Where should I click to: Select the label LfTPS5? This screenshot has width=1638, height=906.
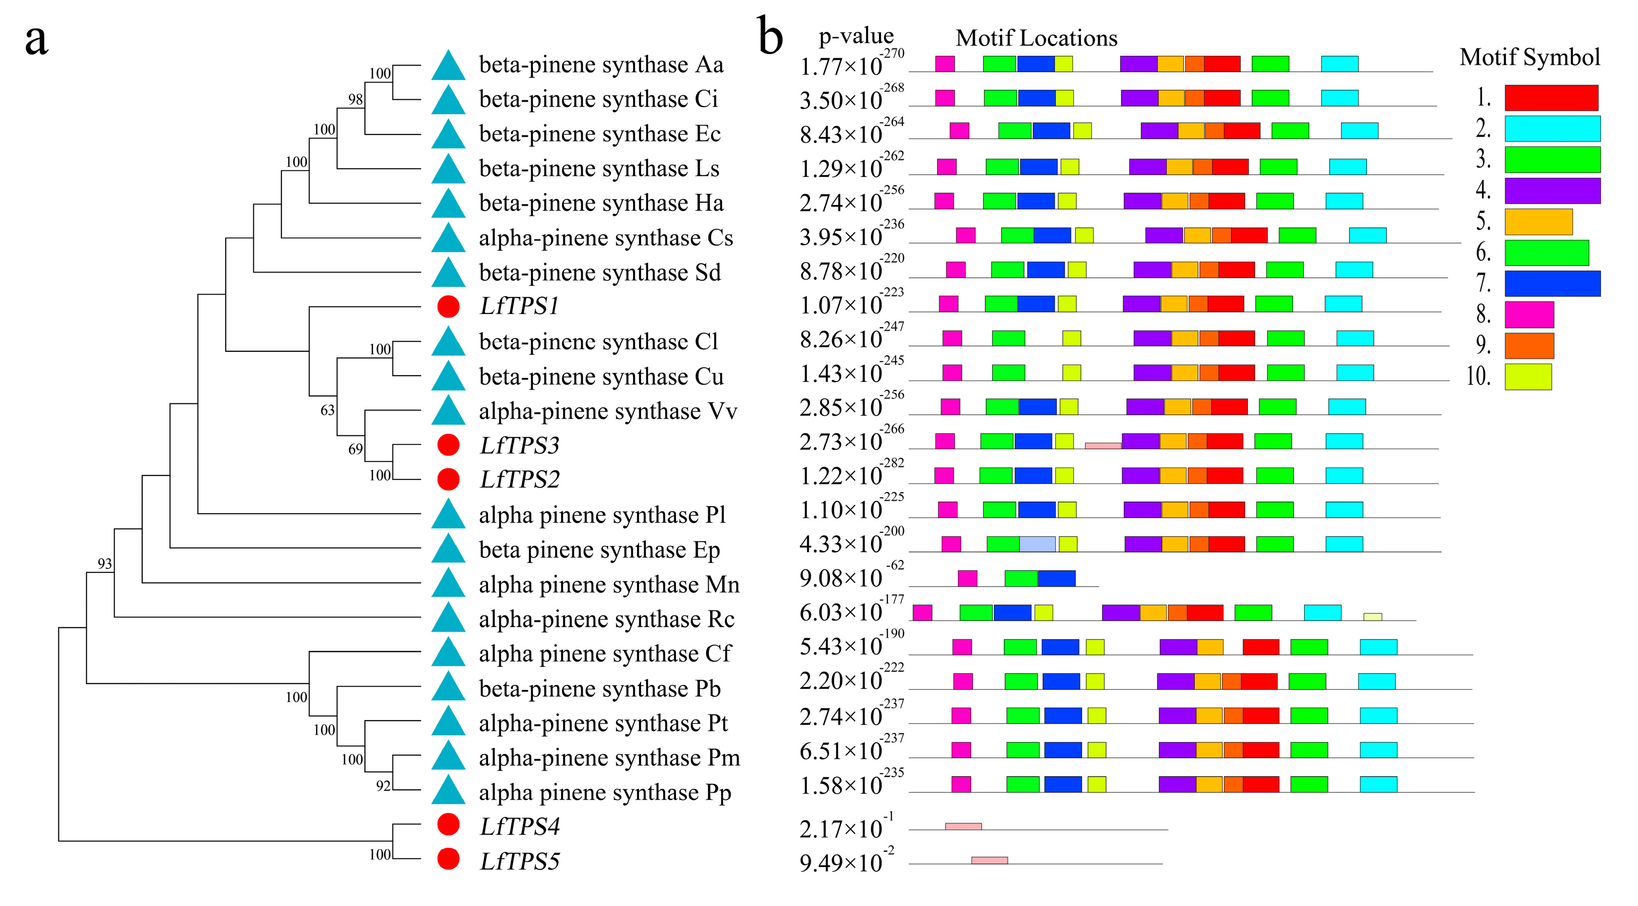pyautogui.click(x=519, y=862)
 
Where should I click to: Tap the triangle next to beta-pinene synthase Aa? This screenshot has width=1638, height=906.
pyautogui.click(x=448, y=66)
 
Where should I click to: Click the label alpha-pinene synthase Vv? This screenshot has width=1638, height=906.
pyautogui.click(x=607, y=412)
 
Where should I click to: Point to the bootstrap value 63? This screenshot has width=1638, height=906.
pyautogui.click(x=327, y=410)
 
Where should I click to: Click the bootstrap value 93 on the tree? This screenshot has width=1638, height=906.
pyautogui.click(x=104, y=563)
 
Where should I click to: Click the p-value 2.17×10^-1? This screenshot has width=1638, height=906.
pyautogui.click(x=846, y=828)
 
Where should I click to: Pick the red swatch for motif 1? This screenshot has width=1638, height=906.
pyautogui.click(x=1551, y=98)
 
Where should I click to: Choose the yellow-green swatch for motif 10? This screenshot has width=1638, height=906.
pyautogui.click(x=1527, y=377)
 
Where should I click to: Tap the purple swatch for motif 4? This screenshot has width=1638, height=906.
pyautogui.click(x=1552, y=191)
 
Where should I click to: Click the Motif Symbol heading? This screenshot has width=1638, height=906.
pyautogui.click(x=1529, y=57)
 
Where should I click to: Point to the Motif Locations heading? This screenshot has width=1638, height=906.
pyautogui.click(x=1036, y=38)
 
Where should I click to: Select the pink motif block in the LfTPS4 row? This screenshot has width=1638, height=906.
pyautogui.click(x=963, y=826)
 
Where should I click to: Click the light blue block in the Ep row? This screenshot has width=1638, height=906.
pyautogui.click(x=1037, y=544)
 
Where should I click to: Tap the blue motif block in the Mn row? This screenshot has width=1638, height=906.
pyautogui.click(x=1056, y=578)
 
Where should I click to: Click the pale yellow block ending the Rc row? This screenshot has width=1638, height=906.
pyautogui.click(x=1372, y=616)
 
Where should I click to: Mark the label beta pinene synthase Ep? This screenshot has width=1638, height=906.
pyautogui.click(x=599, y=550)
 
